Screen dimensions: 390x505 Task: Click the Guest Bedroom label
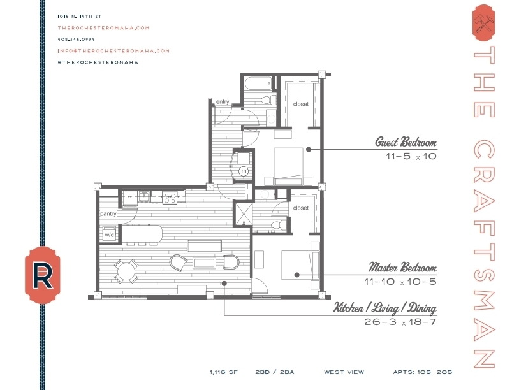point(406,142)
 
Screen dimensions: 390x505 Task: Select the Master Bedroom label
point(403,268)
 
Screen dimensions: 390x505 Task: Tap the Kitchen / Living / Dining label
point(385,309)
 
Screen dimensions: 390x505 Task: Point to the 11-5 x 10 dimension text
point(410,156)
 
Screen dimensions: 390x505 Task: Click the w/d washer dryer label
point(108,235)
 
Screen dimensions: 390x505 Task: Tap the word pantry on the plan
point(107,214)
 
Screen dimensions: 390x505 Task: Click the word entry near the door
point(223,102)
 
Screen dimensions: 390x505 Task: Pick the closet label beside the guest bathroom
point(301,104)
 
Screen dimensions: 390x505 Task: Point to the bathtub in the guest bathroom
point(257,83)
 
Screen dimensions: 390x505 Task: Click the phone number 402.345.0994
point(76,39)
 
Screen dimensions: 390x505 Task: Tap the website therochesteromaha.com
point(103,27)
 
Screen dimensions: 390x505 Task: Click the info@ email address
point(113,50)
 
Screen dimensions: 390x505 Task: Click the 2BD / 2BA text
point(274,372)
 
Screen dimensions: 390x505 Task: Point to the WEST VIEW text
point(344,372)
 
